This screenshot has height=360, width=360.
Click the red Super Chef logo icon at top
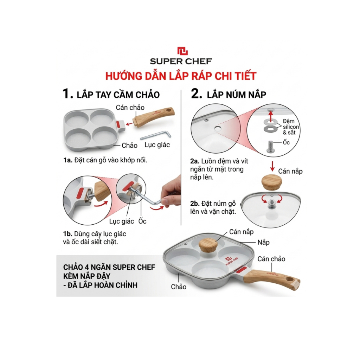click(x=182, y=51)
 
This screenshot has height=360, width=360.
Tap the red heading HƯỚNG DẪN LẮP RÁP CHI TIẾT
click(x=181, y=76)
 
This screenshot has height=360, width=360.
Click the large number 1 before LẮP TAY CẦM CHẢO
click(x=67, y=94)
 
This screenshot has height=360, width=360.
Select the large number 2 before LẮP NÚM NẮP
click(x=197, y=94)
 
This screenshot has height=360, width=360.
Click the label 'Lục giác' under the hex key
click(x=157, y=145)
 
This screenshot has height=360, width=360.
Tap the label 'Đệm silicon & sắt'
click(x=291, y=127)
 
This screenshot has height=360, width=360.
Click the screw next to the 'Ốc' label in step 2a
click(x=270, y=147)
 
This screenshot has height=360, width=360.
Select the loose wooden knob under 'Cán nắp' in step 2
click(x=272, y=182)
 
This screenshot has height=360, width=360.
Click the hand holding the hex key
click(x=171, y=193)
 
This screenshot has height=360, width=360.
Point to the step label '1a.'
click(x=68, y=160)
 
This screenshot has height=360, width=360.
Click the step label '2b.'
click(x=195, y=204)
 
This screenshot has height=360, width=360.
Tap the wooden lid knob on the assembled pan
click(x=208, y=245)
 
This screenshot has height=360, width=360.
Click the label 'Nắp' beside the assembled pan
click(x=263, y=242)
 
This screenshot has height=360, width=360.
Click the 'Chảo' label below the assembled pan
click(x=178, y=287)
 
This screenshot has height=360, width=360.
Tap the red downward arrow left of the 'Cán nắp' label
click(x=272, y=166)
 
